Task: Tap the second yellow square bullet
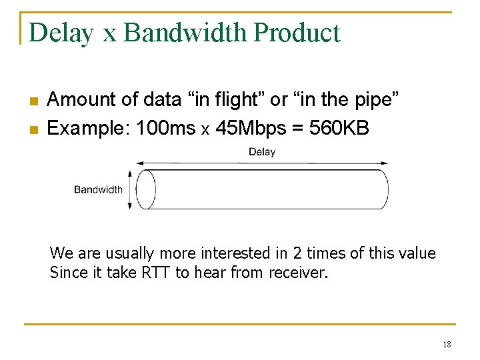32,129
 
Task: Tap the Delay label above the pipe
262,152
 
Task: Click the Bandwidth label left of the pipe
98,189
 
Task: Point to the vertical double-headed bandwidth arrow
130,189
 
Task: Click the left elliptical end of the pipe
145,189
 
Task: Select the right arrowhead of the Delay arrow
384,162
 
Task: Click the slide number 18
447,344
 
